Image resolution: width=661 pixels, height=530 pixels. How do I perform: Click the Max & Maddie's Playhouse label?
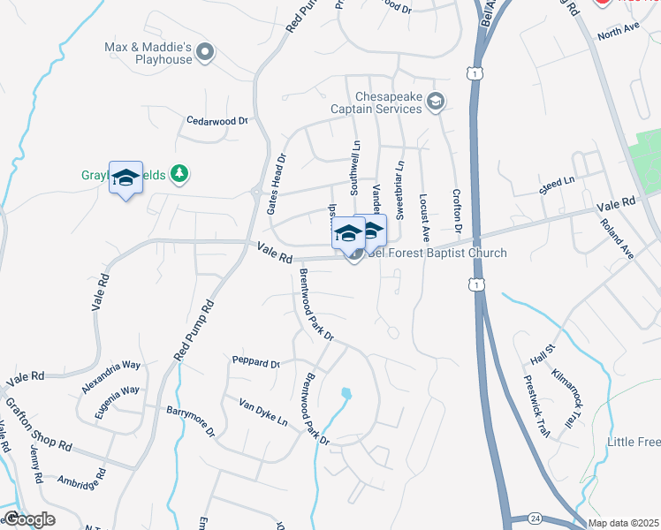pyautogui.click(x=148, y=53)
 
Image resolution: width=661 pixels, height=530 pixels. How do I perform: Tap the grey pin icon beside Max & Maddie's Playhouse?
pyautogui.click(x=206, y=53)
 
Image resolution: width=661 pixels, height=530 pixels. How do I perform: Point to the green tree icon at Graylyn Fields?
pyautogui.click(x=179, y=174)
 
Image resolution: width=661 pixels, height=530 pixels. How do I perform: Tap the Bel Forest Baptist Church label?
pyautogui.click(x=437, y=254)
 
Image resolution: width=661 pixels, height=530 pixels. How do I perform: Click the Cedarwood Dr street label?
pyautogui.click(x=218, y=120)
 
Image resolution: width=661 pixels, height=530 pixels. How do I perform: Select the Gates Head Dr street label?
pyautogui.click(x=276, y=185)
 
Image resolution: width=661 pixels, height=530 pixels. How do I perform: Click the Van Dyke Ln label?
pyautogui.click(x=263, y=411)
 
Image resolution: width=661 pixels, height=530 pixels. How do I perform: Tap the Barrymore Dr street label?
pyautogui.click(x=191, y=421)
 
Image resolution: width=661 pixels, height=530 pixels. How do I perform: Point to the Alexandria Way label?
pyautogui.click(x=111, y=375)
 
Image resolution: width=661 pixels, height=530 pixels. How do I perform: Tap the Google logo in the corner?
pyautogui.click(x=29, y=519)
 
